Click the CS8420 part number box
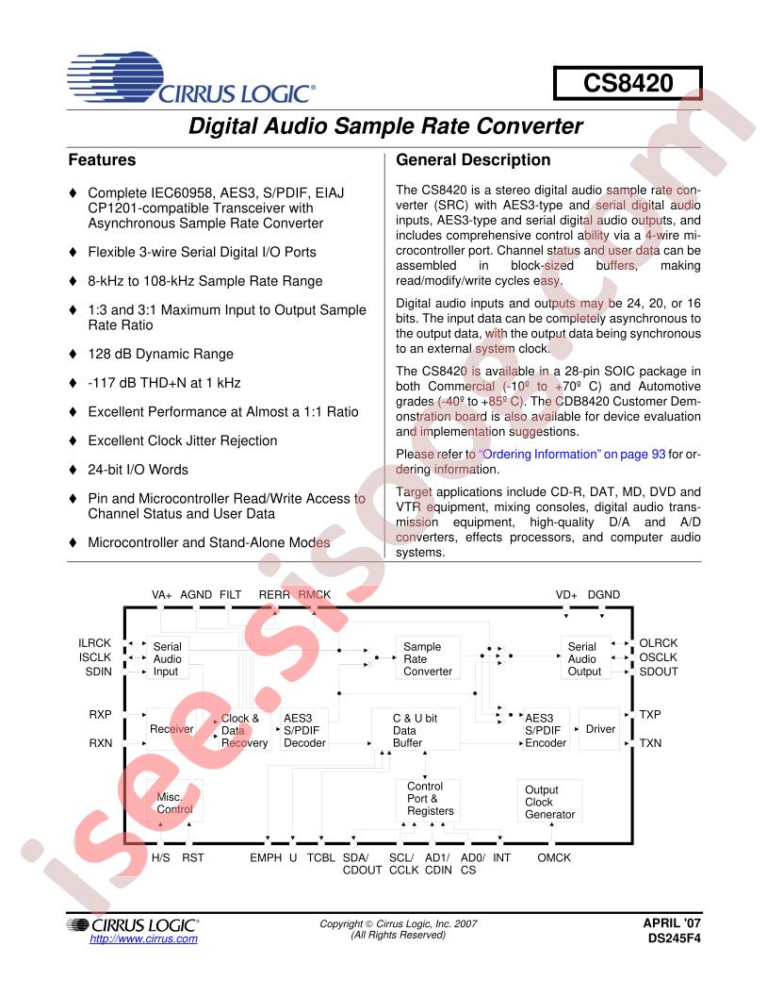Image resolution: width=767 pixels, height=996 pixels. pos(628,83)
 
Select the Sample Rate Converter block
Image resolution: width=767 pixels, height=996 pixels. pos(428,658)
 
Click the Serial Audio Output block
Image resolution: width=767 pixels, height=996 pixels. pos(582,658)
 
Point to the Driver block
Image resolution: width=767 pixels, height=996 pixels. pos(599,729)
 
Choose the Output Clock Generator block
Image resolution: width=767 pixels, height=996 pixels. pos(549,802)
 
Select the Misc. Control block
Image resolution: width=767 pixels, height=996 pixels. pos(174,803)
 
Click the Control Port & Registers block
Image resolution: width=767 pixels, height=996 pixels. pos(430,799)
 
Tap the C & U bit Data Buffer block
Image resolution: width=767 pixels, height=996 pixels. pos(415,730)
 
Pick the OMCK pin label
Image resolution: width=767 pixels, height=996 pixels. pos(554,857)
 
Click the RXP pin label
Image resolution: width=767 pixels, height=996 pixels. pos(101,715)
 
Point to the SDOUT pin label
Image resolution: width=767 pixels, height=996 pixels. pos(659,672)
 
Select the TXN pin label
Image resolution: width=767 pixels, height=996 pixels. pos(650,743)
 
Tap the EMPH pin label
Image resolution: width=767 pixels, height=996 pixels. pos(266,857)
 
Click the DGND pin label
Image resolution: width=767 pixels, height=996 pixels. pos(604,595)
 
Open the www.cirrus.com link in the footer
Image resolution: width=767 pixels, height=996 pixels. pos(143,939)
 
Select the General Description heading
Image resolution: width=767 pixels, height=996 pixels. pos(473,160)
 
